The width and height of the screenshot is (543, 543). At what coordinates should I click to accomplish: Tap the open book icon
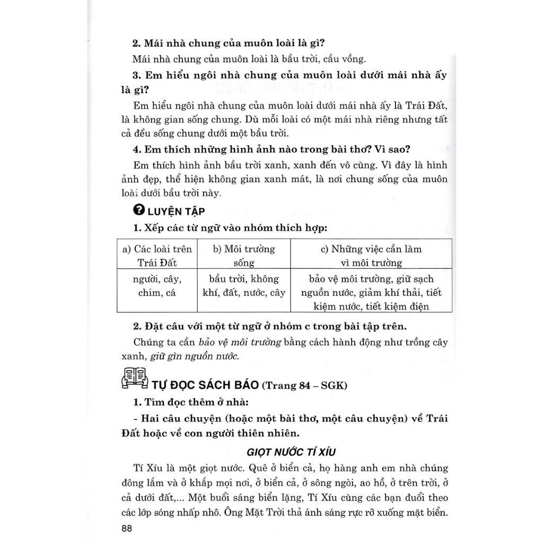tap(135, 378)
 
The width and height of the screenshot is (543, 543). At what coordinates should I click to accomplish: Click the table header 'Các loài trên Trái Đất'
tap(157, 256)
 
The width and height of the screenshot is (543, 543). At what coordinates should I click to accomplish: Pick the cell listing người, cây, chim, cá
tap(157, 286)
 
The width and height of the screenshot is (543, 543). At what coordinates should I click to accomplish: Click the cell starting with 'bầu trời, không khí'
tap(243, 286)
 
